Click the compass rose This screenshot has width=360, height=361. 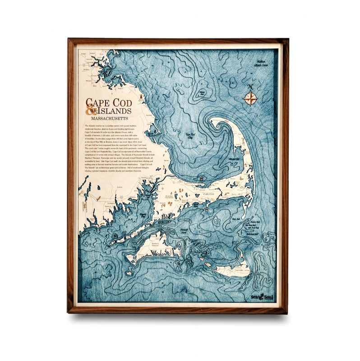coord(251,97)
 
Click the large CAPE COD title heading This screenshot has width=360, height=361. coord(109,102)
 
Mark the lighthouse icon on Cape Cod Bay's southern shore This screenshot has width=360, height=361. coord(201,179)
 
